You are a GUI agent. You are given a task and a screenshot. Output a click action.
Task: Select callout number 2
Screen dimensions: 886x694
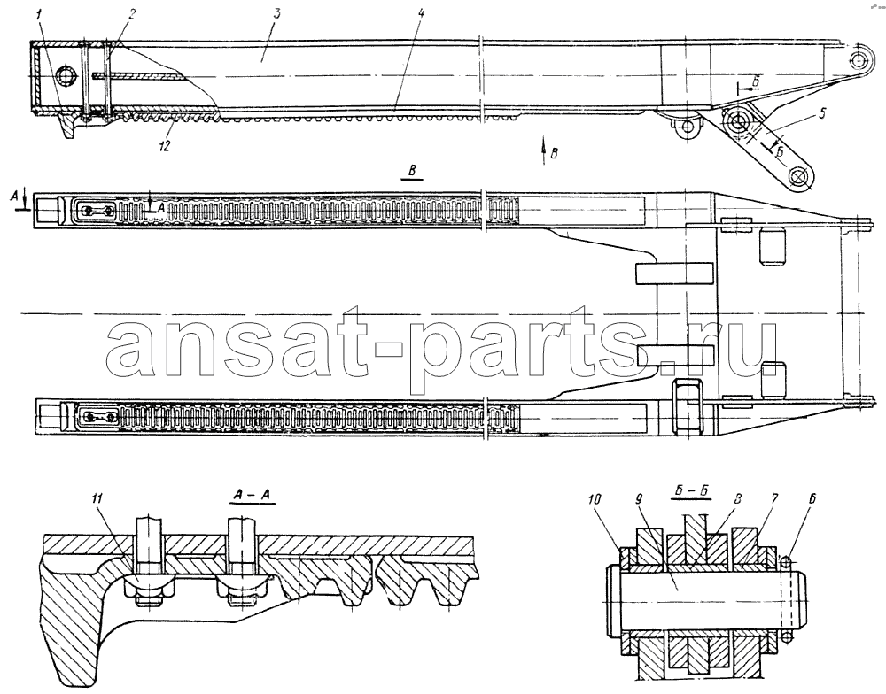pyautogui.click(x=130, y=15)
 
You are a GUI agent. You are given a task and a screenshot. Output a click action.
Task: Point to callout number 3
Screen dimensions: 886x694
pyautogui.click(x=276, y=15)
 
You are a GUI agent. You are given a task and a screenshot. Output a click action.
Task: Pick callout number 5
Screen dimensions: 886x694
pyautogui.click(x=820, y=113)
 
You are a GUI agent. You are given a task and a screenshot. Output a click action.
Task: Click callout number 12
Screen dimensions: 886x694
pyautogui.click(x=165, y=146)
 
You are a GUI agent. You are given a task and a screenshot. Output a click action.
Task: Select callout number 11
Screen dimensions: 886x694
pyautogui.click(x=97, y=499)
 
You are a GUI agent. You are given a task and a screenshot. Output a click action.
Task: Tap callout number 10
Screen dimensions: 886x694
pyautogui.click(x=594, y=500)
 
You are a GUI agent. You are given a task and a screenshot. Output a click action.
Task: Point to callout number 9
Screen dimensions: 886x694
pyautogui.click(x=639, y=500)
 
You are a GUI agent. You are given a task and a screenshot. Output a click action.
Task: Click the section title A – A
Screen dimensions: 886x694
pyautogui.click(x=252, y=496)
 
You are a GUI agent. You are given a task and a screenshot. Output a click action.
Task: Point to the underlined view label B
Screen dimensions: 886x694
pyautogui.click(x=413, y=173)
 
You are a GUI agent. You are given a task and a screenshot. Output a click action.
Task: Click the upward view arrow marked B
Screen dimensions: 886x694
pyautogui.click(x=544, y=150)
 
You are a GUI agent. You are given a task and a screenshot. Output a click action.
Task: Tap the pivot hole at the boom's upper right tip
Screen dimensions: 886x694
pyautogui.click(x=859, y=58)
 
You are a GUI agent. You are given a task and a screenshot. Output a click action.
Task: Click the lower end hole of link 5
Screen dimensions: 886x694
pyautogui.click(x=798, y=177)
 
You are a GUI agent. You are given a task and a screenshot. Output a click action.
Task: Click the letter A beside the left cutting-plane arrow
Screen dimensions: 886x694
pyautogui.click(x=15, y=196)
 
